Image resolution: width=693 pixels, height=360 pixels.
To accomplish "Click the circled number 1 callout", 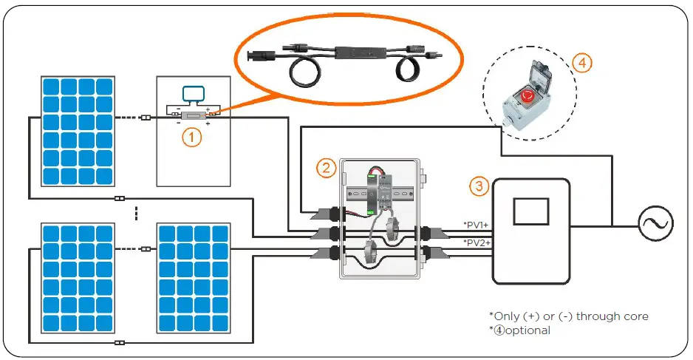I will (x=191, y=137).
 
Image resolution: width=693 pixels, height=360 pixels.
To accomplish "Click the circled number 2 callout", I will (x=327, y=167).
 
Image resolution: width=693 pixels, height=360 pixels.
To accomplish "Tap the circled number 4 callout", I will (x=582, y=64).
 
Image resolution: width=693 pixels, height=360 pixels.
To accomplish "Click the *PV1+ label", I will (x=476, y=224).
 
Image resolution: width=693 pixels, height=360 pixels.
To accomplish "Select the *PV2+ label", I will (x=476, y=242).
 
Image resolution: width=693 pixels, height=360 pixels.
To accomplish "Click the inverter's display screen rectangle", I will (x=530, y=212).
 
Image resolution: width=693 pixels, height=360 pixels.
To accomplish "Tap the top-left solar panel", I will (x=78, y=130).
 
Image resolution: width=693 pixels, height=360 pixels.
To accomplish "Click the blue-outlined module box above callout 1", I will (x=194, y=94).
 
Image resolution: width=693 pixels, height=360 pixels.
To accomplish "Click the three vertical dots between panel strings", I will (x=136, y=212).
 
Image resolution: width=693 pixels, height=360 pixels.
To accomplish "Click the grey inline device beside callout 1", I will (x=194, y=116).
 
